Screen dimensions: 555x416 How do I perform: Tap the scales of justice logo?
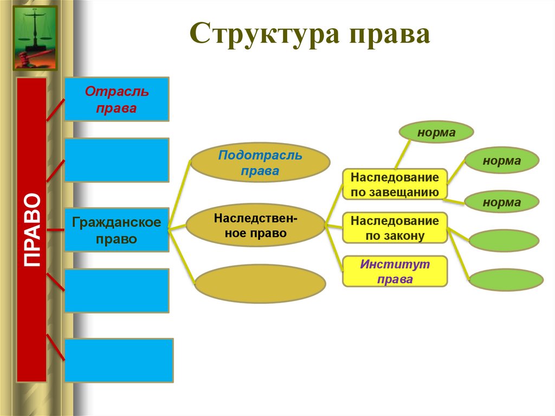[35, 38]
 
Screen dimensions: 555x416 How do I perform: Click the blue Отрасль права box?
[117, 99]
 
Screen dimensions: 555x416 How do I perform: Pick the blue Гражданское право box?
[117, 229]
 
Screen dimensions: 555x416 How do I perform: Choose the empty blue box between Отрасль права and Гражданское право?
[117, 159]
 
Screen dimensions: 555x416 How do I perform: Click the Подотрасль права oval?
[260, 163]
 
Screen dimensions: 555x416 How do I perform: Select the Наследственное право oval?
[255, 226]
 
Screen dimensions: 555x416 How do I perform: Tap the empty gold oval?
[260, 283]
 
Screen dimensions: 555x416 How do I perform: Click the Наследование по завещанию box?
[395, 184]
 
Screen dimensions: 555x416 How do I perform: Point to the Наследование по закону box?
[395, 228]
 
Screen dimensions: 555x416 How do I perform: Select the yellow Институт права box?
[395, 271]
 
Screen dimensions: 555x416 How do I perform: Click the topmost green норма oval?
[436, 132]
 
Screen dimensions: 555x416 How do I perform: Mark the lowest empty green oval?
[505, 280]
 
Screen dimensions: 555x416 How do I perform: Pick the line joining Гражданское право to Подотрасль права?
[180, 195]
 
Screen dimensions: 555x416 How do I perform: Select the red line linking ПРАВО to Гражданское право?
[55, 229]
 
